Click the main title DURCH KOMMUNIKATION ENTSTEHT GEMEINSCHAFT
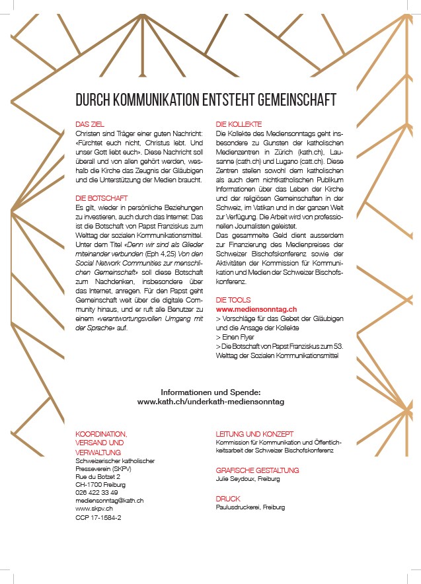point(206,100)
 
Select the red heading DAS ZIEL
point(89,124)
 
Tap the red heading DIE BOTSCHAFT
point(102,198)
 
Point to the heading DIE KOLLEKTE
point(239,124)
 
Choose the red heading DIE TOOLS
point(233,300)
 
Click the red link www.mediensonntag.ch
point(256,309)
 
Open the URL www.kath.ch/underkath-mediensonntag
point(210,401)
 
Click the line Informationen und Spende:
point(210,392)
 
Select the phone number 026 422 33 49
point(96,492)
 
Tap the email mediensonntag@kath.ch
point(110,500)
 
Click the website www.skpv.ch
point(95,509)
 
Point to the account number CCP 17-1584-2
point(98,518)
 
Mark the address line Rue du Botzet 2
point(98,476)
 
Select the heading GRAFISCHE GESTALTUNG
point(257,470)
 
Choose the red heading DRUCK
point(228,498)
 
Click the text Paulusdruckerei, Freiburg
point(250,507)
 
